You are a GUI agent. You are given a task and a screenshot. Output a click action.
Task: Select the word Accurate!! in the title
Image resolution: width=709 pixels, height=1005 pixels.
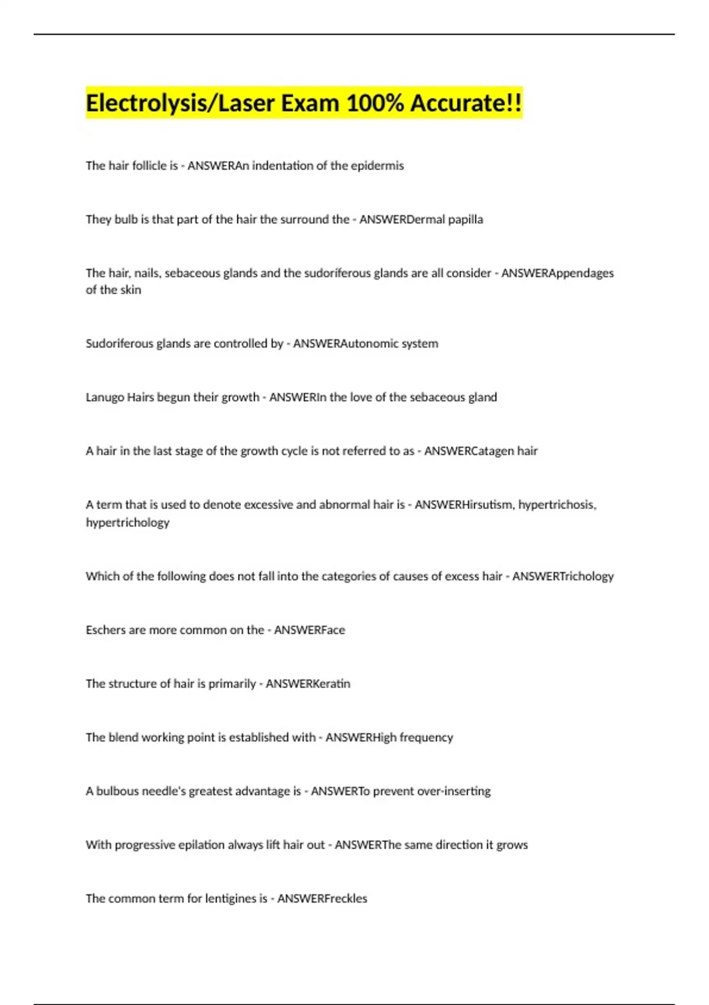click(466, 103)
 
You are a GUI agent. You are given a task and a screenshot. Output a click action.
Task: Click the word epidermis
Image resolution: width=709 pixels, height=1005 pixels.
click(377, 166)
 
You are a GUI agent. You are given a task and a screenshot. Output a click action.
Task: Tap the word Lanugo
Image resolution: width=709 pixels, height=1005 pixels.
click(105, 397)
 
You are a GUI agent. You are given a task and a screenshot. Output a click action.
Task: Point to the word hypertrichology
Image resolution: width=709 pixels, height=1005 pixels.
click(128, 523)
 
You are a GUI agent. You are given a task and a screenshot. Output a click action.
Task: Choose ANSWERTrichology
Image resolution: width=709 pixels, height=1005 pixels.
click(562, 576)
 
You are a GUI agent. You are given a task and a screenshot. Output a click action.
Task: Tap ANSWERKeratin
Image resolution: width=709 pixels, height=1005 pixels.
click(308, 684)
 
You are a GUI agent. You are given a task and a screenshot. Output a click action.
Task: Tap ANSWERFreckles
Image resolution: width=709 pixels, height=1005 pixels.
click(322, 899)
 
